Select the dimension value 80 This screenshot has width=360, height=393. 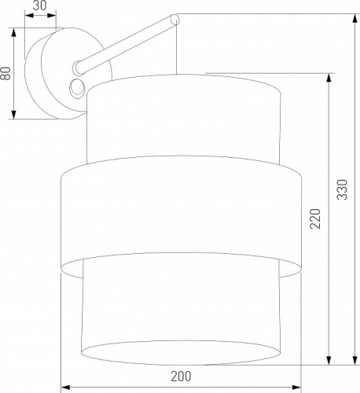6,75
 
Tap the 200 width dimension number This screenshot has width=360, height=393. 181,378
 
